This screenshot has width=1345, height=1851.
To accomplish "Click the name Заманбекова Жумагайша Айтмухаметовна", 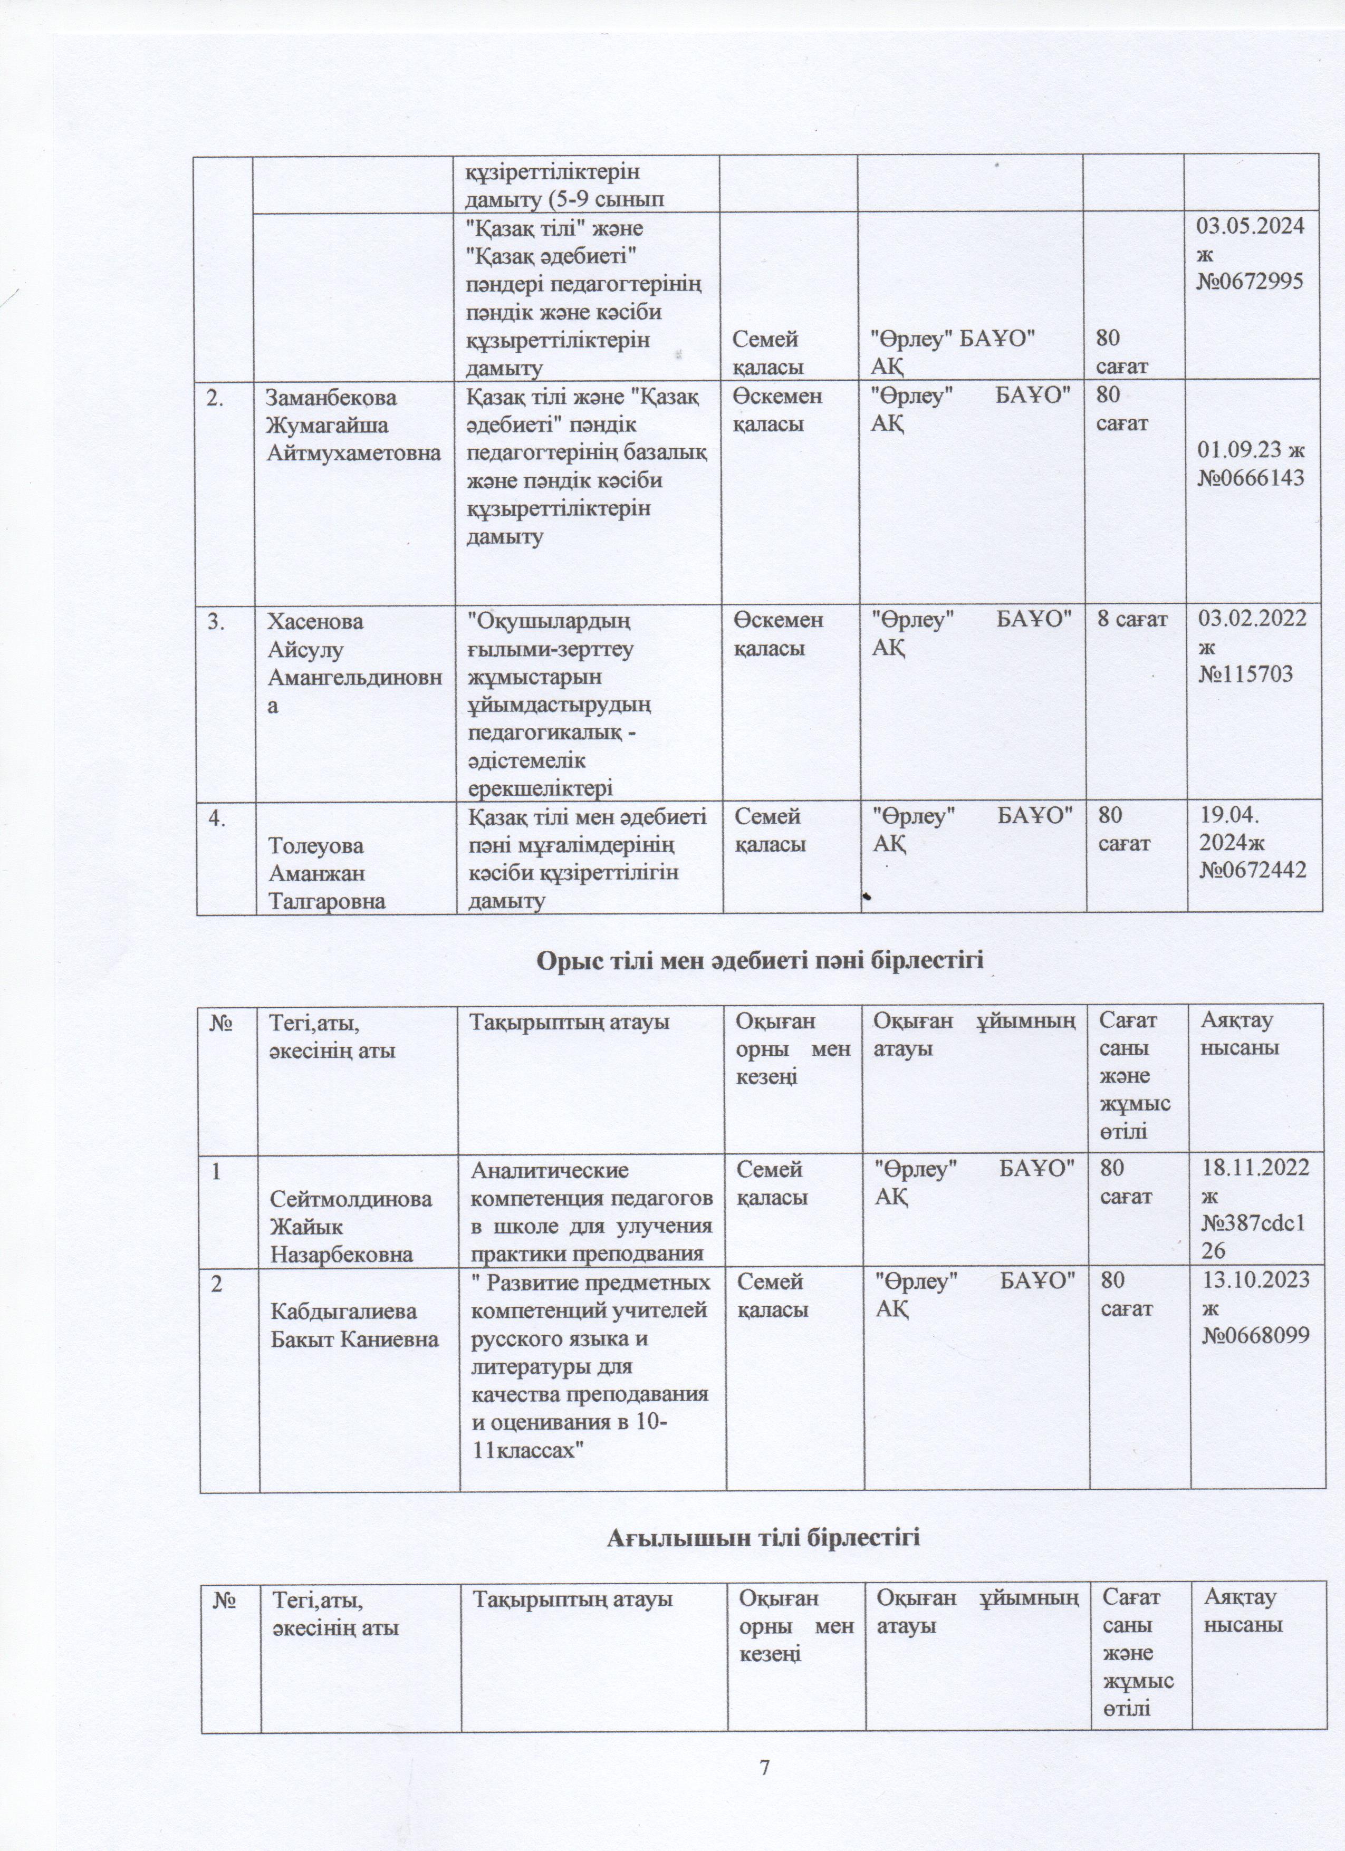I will pos(353,425).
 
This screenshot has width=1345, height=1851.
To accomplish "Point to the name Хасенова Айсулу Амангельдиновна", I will pos(356,663).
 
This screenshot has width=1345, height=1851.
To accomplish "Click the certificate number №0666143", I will pos(1251,477).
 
